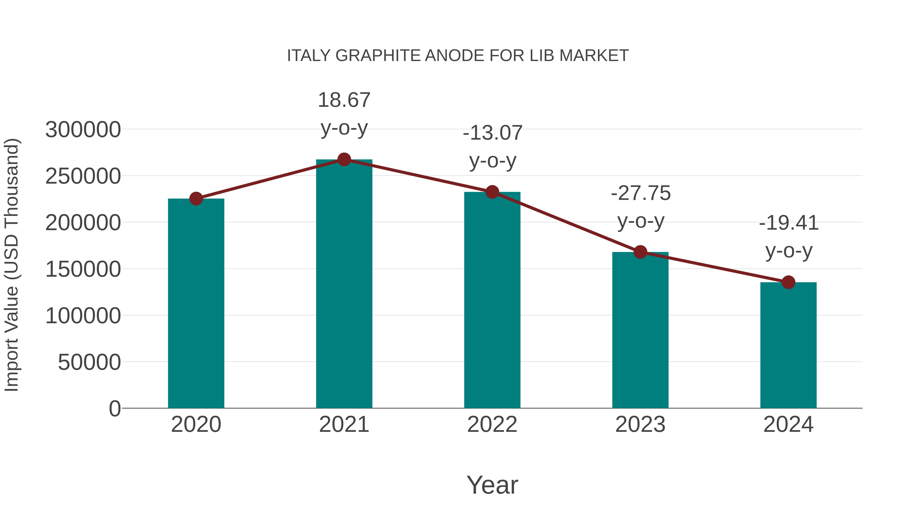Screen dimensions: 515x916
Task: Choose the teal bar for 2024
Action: pos(788,345)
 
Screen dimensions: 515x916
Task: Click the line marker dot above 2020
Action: pos(196,199)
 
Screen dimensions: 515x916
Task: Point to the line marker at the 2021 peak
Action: pos(344,159)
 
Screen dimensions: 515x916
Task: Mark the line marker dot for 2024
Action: pos(788,282)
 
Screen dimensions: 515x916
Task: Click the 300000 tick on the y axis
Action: pos(83,129)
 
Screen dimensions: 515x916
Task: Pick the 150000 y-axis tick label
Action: pos(83,269)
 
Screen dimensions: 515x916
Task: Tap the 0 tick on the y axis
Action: pos(114,408)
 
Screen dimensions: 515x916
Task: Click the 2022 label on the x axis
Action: pos(492,424)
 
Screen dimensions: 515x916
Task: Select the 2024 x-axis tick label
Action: pos(788,424)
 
